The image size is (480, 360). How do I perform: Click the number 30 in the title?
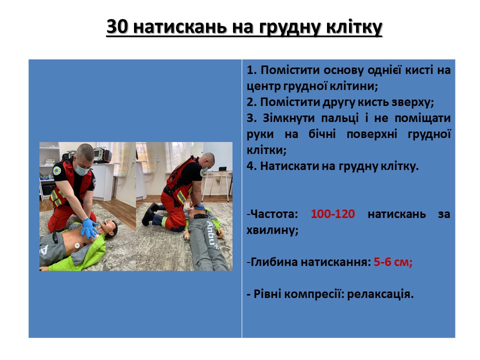(117, 26)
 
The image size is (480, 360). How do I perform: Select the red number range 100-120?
(333, 213)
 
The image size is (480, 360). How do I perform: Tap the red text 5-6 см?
(393, 262)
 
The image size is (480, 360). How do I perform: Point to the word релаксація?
(380, 294)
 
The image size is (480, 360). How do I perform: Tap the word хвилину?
(272, 230)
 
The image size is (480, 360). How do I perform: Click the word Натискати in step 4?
(288, 166)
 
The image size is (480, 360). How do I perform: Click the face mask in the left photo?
(81, 169)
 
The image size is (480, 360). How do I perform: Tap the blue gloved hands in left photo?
(89, 228)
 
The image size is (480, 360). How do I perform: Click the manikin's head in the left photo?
(109, 228)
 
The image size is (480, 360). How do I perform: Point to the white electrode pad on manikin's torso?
(77, 245)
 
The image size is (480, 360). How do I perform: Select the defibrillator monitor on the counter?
(102, 154)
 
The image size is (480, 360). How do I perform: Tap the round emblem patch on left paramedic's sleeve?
(56, 171)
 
